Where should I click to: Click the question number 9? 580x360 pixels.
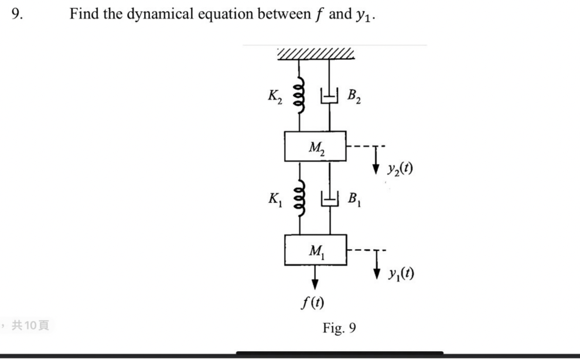tap(18, 13)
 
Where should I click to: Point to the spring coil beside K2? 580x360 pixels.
tap(299, 94)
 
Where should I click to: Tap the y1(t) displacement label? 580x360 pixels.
tap(400, 274)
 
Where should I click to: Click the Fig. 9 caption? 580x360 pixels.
tap(339, 328)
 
